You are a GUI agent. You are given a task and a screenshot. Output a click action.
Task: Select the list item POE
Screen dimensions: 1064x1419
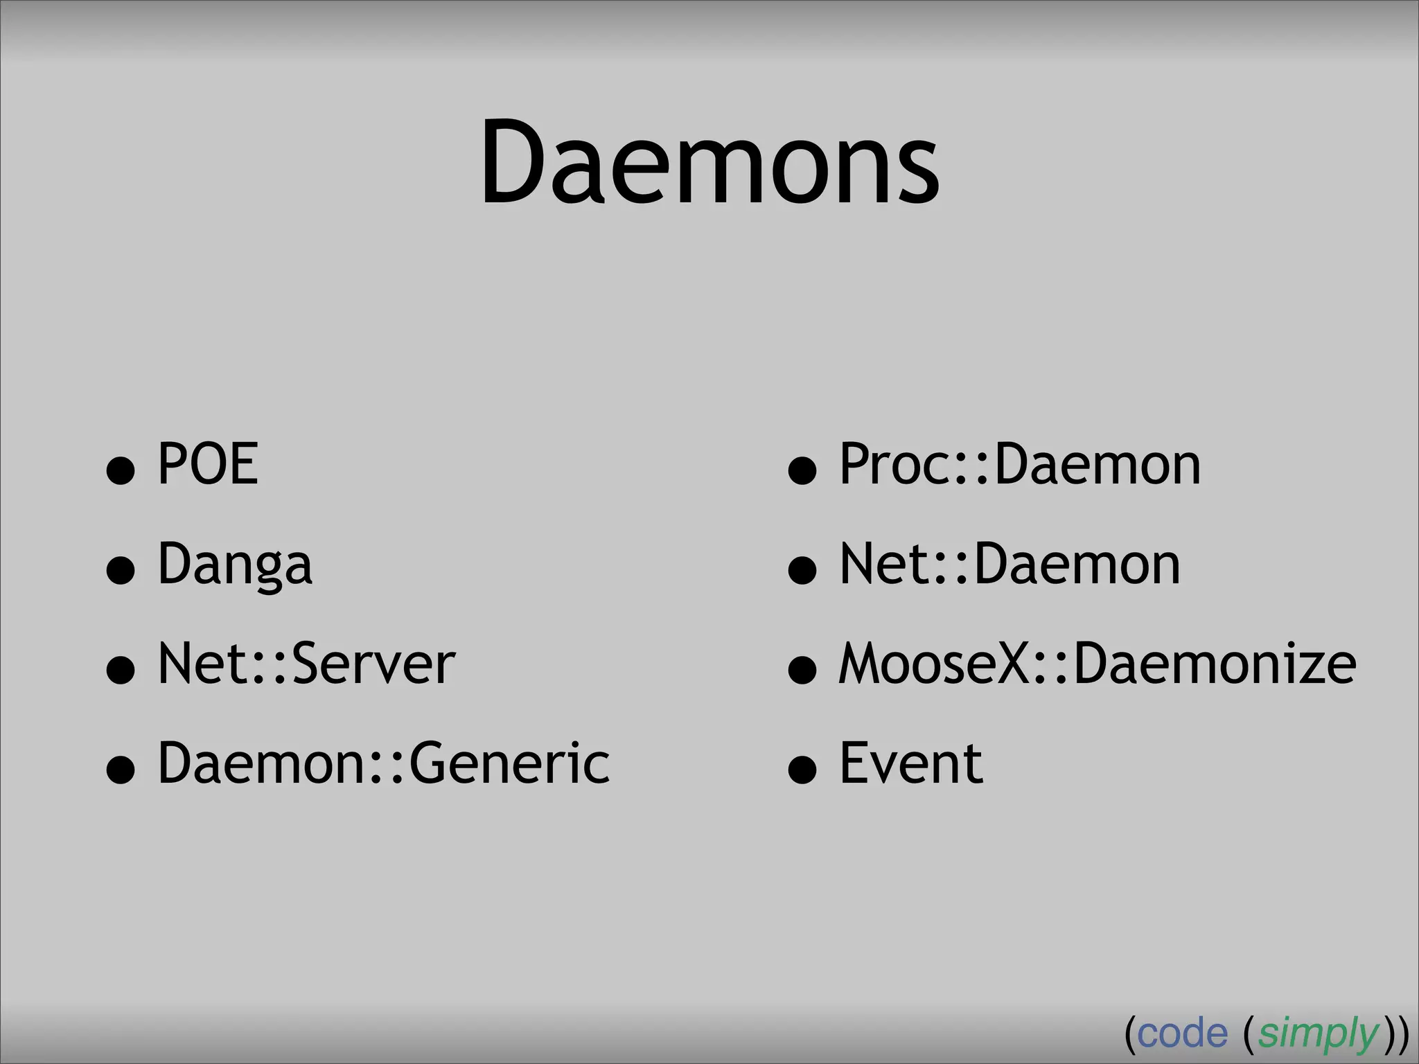click(x=208, y=464)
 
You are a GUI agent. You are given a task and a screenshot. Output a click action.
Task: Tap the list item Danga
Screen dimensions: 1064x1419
click(x=235, y=565)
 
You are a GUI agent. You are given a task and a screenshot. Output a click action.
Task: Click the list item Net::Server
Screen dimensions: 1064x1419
click(x=306, y=664)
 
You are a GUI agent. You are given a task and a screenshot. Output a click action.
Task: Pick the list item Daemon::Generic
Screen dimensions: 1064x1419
click(x=383, y=763)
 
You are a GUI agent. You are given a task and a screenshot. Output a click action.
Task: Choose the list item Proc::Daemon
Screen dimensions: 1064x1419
click(x=1019, y=464)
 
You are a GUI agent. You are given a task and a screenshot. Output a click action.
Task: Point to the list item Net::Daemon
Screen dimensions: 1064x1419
click(x=1010, y=565)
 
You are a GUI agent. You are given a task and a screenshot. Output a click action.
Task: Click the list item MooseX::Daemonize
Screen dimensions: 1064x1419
click(x=1097, y=664)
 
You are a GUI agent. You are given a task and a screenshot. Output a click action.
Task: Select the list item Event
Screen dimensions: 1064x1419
click(x=910, y=763)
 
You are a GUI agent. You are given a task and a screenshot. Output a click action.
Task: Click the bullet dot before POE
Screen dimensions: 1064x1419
click(x=121, y=471)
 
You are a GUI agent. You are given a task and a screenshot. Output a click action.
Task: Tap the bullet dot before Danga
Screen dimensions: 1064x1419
click(x=121, y=571)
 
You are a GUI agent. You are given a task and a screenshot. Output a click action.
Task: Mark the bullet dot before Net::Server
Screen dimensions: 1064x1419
click(x=121, y=671)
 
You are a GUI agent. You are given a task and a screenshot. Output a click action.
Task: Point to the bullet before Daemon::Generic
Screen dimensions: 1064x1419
click(x=121, y=770)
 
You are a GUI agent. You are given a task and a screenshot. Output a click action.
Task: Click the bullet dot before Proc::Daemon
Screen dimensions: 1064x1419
click(x=802, y=471)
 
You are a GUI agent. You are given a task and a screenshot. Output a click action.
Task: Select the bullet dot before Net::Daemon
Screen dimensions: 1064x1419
click(x=802, y=571)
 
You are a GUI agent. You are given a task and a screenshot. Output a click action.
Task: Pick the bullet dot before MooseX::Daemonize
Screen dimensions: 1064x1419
click(x=802, y=671)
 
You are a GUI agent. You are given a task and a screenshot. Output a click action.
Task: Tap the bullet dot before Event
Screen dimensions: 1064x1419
click(x=802, y=770)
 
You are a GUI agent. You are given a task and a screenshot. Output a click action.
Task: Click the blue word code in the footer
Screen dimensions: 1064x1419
click(x=1182, y=1034)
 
